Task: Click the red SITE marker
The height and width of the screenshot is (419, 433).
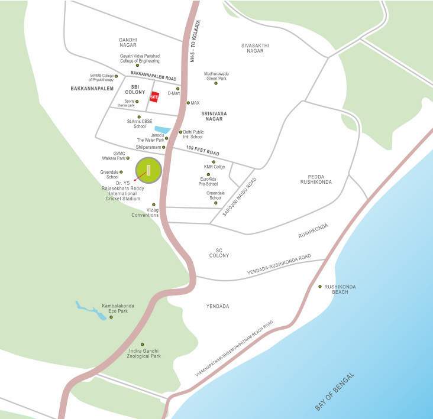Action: pyautogui.click(x=154, y=97)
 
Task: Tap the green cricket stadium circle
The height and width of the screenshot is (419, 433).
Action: pyautogui.click(x=148, y=171)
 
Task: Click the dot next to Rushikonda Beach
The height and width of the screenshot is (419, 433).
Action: pyautogui.click(x=321, y=287)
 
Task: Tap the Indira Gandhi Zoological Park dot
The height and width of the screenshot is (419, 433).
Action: pyautogui.click(x=142, y=344)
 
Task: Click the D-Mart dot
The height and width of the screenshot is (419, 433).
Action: pyautogui.click(x=177, y=89)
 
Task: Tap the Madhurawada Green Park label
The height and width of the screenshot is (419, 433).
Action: pyautogui.click(x=216, y=76)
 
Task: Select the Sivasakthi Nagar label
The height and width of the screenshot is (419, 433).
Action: pyautogui.click(x=256, y=48)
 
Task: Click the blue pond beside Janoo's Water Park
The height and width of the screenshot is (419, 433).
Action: pyautogui.click(x=161, y=129)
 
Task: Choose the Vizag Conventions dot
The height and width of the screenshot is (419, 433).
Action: pyautogui.click(x=154, y=205)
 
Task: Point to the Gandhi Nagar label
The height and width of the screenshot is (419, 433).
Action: pyautogui.click(x=128, y=43)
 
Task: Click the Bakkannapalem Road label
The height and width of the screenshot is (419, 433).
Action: pyautogui.click(x=154, y=78)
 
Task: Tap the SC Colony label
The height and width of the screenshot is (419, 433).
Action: pyautogui.click(x=219, y=252)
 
